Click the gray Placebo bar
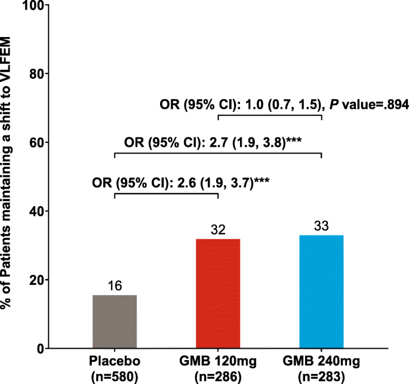tap(115, 321)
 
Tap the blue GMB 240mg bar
tap(322, 291)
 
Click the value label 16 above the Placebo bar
tap(115, 286)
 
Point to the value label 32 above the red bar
tap(218, 231)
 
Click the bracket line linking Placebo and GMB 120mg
tap(166, 194)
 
